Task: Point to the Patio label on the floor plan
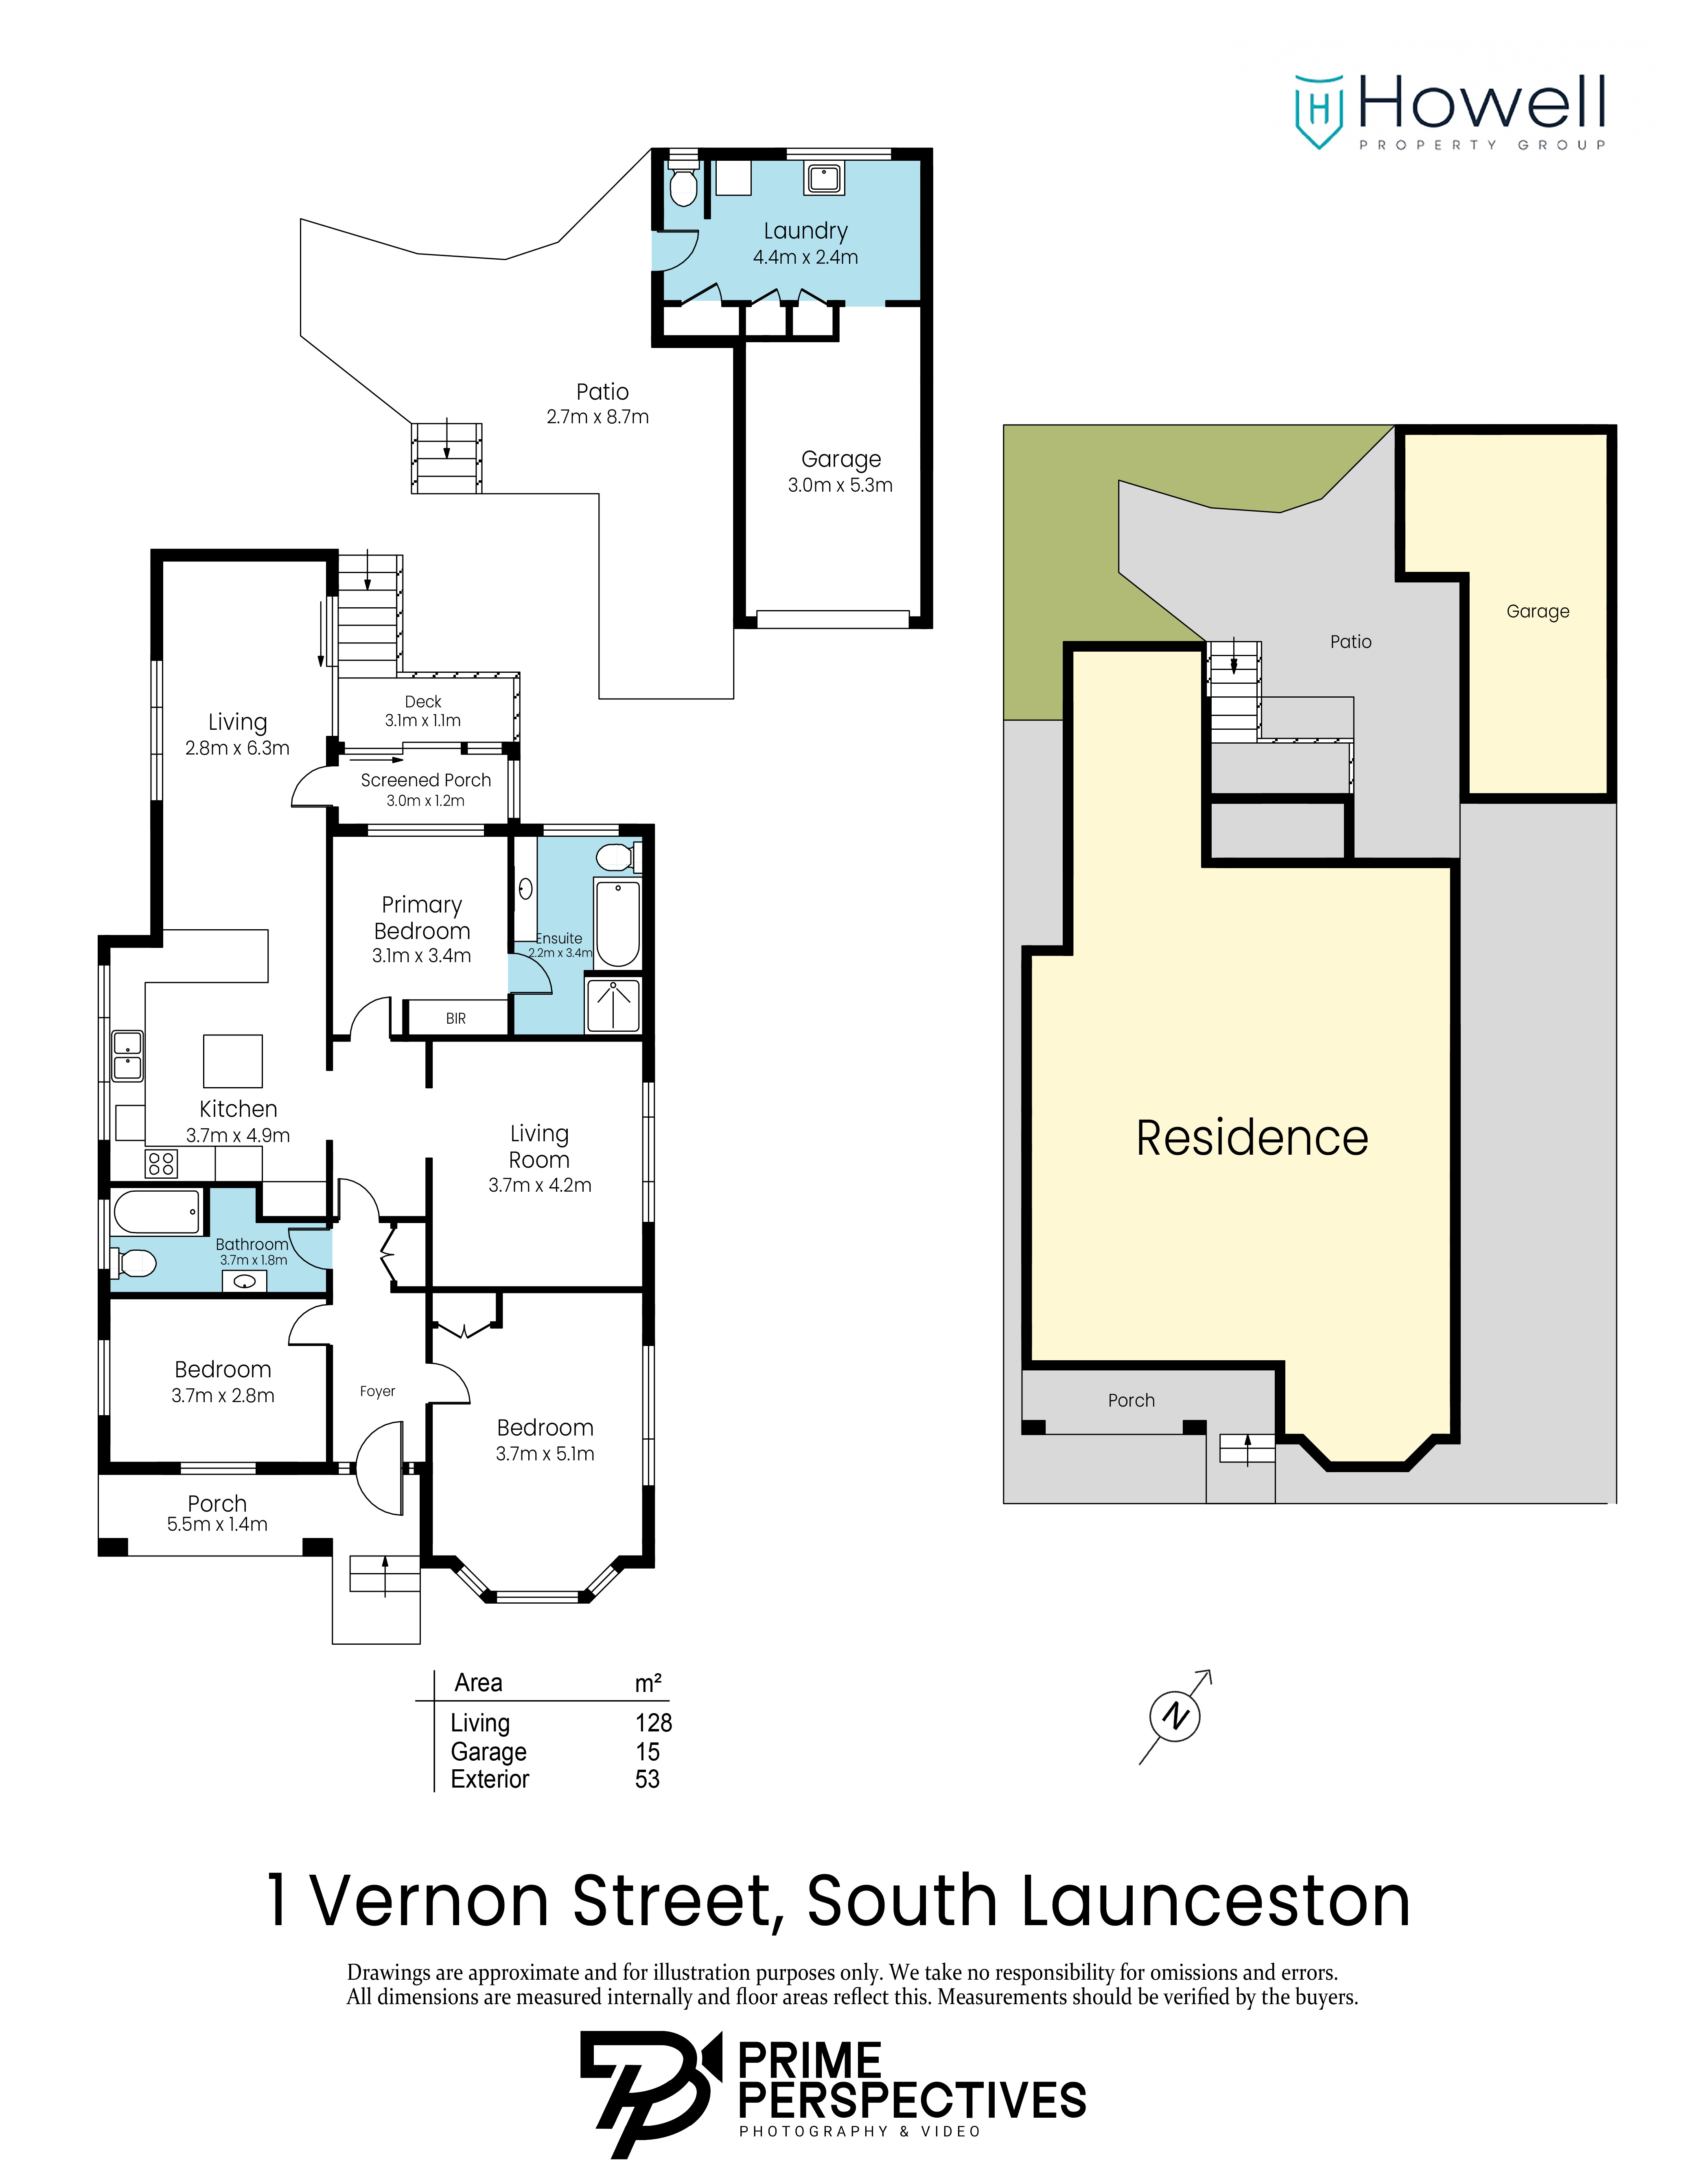coord(602,392)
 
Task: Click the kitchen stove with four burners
coord(161,1163)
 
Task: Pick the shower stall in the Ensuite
coord(613,1005)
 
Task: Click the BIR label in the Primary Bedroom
coord(455,1019)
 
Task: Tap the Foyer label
coord(378,1392)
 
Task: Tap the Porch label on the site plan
coord(1131,1401)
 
